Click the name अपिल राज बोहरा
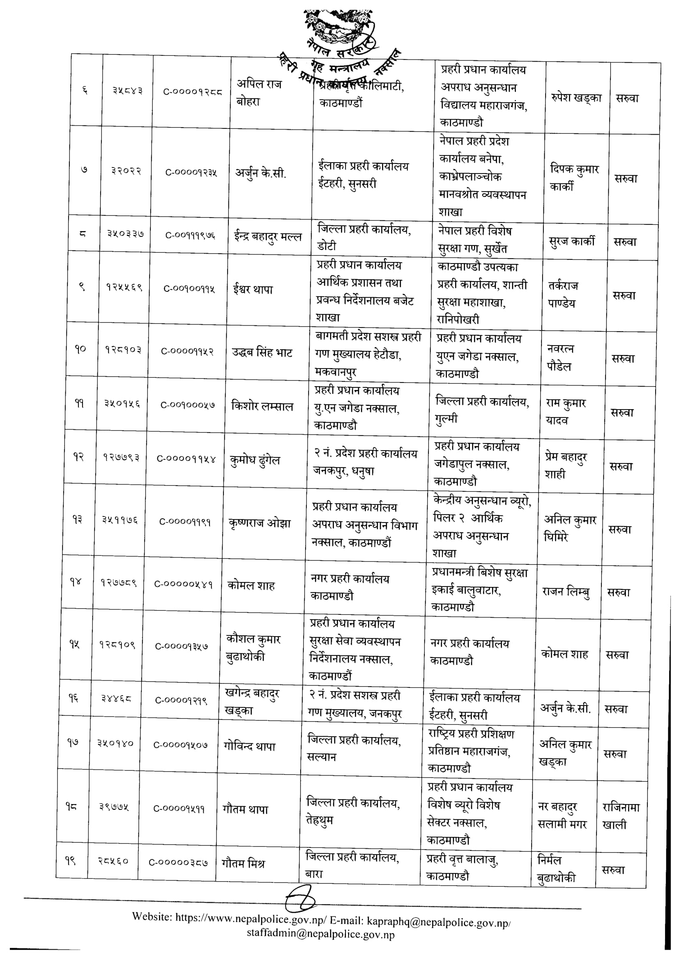tap(259, 93)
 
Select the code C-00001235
tap(191, 172)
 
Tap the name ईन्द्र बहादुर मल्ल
tap(267, 237)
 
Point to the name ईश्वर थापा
tap(253, 289)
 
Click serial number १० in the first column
tap(81, 349)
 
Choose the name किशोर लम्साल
tap(262, 406)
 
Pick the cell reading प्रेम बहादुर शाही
tap(566, 465)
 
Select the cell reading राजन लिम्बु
tap(566, 591)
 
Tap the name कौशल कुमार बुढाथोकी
tap(253, 648)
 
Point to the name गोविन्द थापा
tap(249, 746)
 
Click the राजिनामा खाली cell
tap(621, 816)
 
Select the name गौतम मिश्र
tap(243, 863)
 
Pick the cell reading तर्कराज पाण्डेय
tap(563, 294)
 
